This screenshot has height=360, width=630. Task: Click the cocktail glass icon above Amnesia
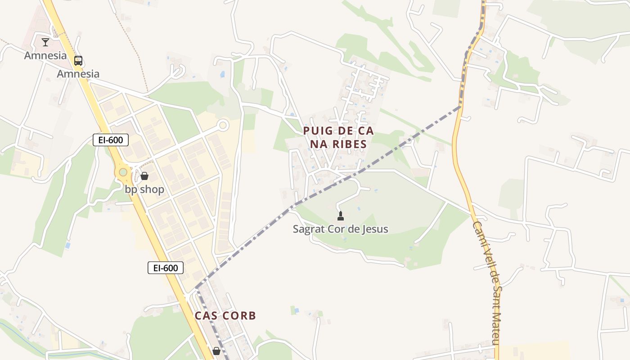45,42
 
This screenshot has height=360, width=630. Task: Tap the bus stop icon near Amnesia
78,61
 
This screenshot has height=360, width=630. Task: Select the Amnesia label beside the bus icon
78,74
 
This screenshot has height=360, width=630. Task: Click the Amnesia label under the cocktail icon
45,56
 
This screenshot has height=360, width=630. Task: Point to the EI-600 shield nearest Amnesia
111,140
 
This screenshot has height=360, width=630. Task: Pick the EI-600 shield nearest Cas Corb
166,268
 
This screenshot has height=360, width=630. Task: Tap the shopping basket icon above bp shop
144,176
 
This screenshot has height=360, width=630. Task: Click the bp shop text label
144,189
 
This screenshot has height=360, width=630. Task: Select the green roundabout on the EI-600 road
123,172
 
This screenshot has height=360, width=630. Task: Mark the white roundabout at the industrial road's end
223,125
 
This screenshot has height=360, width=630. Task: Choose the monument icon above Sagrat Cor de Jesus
341,216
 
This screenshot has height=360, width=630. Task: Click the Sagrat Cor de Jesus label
340,229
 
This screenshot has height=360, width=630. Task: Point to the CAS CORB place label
225,315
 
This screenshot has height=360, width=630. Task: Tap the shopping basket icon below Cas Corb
216,351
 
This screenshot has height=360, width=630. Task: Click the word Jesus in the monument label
375,229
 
